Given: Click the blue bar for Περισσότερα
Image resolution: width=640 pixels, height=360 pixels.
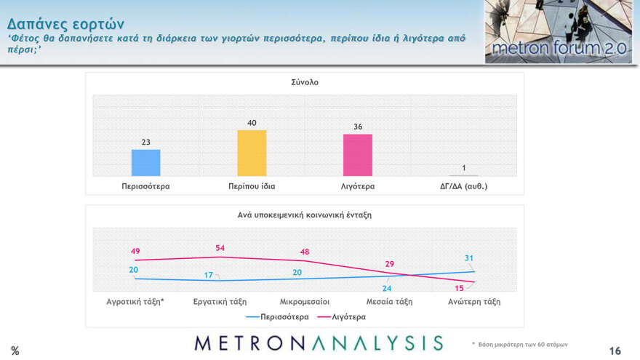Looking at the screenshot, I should (145, 162).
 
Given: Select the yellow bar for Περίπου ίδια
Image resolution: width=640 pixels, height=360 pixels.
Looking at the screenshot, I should (252, 153).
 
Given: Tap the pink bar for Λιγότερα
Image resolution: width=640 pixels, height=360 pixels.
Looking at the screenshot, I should (358, 155).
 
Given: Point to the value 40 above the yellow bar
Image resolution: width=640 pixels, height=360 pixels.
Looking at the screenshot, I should (252, 124).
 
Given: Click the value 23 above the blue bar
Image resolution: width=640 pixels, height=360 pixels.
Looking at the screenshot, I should (145, 143).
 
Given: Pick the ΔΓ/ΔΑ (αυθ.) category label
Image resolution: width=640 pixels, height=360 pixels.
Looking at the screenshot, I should (463, 186).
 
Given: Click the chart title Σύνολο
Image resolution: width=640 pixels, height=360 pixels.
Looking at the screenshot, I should (304, 82).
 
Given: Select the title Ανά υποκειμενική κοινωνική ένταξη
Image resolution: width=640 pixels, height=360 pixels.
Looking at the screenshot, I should (304, 215).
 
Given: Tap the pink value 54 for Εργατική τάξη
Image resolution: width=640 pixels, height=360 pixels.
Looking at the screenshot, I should (220, 248).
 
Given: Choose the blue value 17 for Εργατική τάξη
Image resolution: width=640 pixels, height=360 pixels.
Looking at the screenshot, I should (208, 275).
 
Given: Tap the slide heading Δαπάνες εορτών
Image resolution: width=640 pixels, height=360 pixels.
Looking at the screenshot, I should (65, 23).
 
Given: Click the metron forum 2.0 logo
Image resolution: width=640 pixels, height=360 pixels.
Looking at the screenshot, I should (559, 32).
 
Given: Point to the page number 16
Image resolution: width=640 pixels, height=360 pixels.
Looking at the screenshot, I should (615, 351).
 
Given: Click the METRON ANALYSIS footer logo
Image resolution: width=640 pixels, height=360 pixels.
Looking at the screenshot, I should (319, 343).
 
